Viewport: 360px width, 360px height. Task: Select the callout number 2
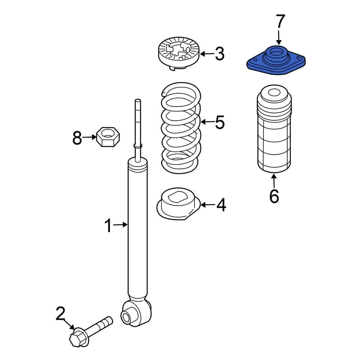pyautogui.click(x=60, y=314)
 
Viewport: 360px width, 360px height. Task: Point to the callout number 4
pyautogui.click(x=221, y=205)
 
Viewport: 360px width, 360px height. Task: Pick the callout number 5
pyautogui.click(x=220, y=122)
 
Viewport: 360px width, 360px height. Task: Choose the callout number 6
pyautogui.click(x=274, y=196)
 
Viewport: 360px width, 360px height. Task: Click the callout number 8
pyautogui.click(x=77, y=138)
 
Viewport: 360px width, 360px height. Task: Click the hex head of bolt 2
pyautogui.click(x=78, y=338)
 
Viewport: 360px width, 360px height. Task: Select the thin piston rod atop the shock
pyautogui.click(x=137, y=126)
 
